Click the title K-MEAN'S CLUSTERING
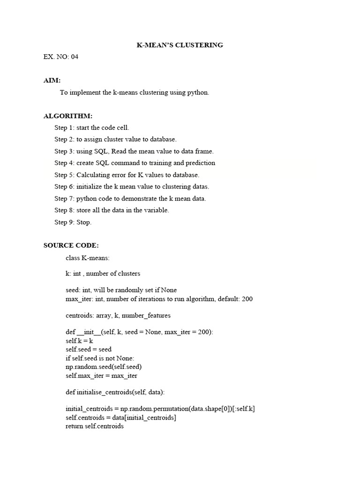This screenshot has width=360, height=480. click(180, 45)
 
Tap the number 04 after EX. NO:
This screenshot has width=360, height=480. click(78, 57)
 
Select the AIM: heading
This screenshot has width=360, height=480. click(52, 81)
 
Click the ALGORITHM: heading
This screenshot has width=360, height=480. click(68, 116)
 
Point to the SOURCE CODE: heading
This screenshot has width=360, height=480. click(71, 245)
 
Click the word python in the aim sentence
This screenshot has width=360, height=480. click(197, 92)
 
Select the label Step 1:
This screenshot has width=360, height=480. click(64, 127)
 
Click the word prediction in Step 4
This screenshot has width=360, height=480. click(200, 163)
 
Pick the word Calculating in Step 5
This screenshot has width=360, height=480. click(92, 175)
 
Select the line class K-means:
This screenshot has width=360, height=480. click(88, 257)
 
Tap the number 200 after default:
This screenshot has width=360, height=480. click(247, 299)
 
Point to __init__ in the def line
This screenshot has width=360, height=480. click(89, 332)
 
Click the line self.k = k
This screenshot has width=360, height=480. click(79, 341)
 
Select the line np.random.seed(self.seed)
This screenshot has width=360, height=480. click(104, 367)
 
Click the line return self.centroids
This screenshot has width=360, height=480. click(95, 426)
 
